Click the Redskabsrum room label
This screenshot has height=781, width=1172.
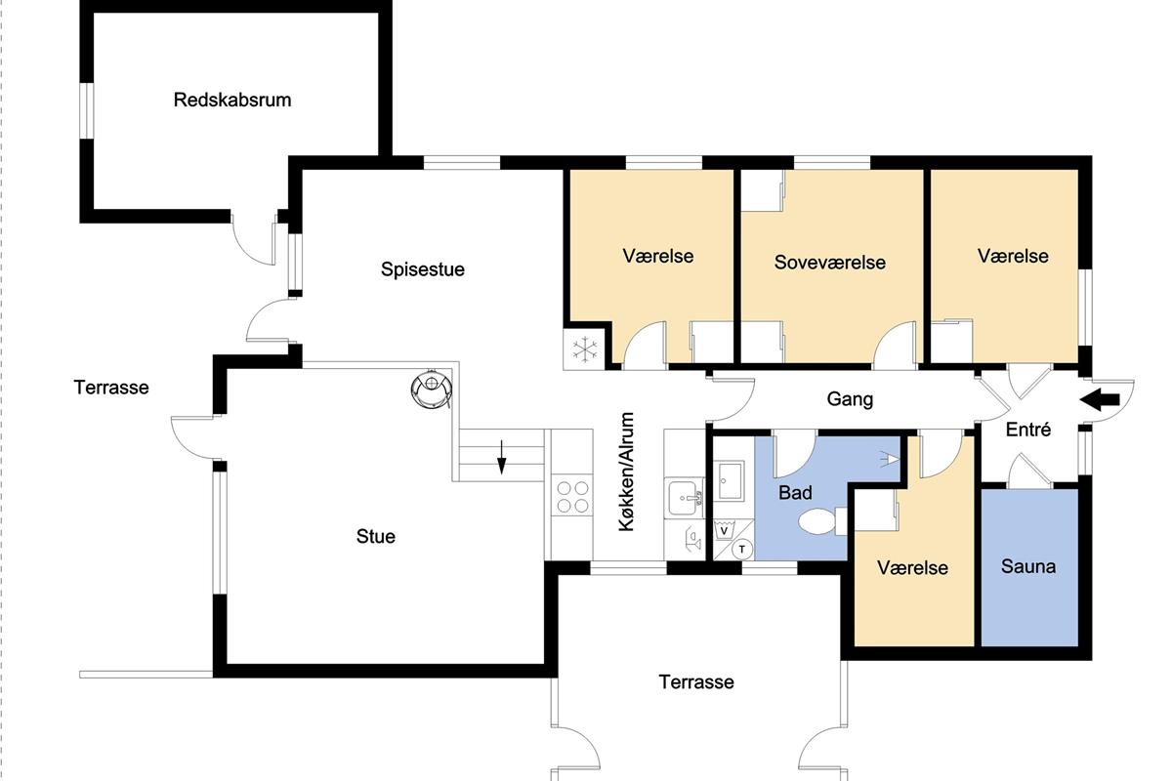(x=232, y=100)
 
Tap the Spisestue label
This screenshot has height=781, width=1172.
(x=423, y=269)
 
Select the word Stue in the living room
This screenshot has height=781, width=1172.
(x=376, y=536)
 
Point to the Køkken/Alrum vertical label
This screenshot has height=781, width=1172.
(x=626, y=472)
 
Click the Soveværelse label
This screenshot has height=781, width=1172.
(x=830, y=262)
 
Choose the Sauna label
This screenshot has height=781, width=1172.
(x=1028, y=566)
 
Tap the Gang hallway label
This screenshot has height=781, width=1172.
(x=850, y=399)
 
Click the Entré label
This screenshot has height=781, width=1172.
(x=1028, y=430)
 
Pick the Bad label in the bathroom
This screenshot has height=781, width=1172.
(x=795, y=492)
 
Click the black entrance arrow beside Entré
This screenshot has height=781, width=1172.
(x=1100, y=400)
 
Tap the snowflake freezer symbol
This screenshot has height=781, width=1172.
(x=584, y=349)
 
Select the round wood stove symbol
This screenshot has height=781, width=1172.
(x=431, y=389)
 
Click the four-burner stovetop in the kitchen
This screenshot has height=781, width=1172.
(x=572, y=497)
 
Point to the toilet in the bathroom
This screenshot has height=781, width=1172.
(x=822, y=521)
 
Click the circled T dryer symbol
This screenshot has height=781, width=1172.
(x=742, y=550)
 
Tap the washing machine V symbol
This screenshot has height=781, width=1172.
(x=725, y=530)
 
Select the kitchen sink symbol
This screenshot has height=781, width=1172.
(x=686, y=498)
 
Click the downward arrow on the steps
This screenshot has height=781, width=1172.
(x=501, y=457)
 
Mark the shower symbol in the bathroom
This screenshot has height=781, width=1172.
(x=889, y=459)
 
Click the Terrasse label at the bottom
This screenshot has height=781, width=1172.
(x=695, y=682)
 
